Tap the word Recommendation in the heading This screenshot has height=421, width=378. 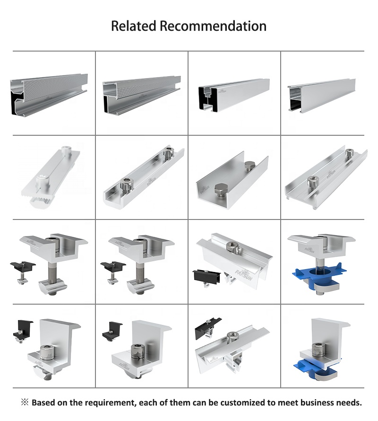[x=213, y=26]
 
